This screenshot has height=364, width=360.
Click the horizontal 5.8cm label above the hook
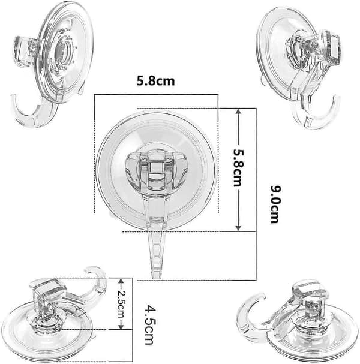(155, 81)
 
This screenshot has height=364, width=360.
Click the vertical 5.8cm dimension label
(239, 168)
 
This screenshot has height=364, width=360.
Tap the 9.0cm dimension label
(275, 204)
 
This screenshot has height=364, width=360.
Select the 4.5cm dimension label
(150, 325)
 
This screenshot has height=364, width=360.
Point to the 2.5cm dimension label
(121, 304)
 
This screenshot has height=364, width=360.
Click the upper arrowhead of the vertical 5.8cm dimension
(238, 112)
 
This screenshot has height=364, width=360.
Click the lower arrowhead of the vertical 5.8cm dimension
(238, 227)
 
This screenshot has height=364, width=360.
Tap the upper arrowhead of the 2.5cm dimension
(121, 282)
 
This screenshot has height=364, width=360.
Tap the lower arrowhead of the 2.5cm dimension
(121, 326)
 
